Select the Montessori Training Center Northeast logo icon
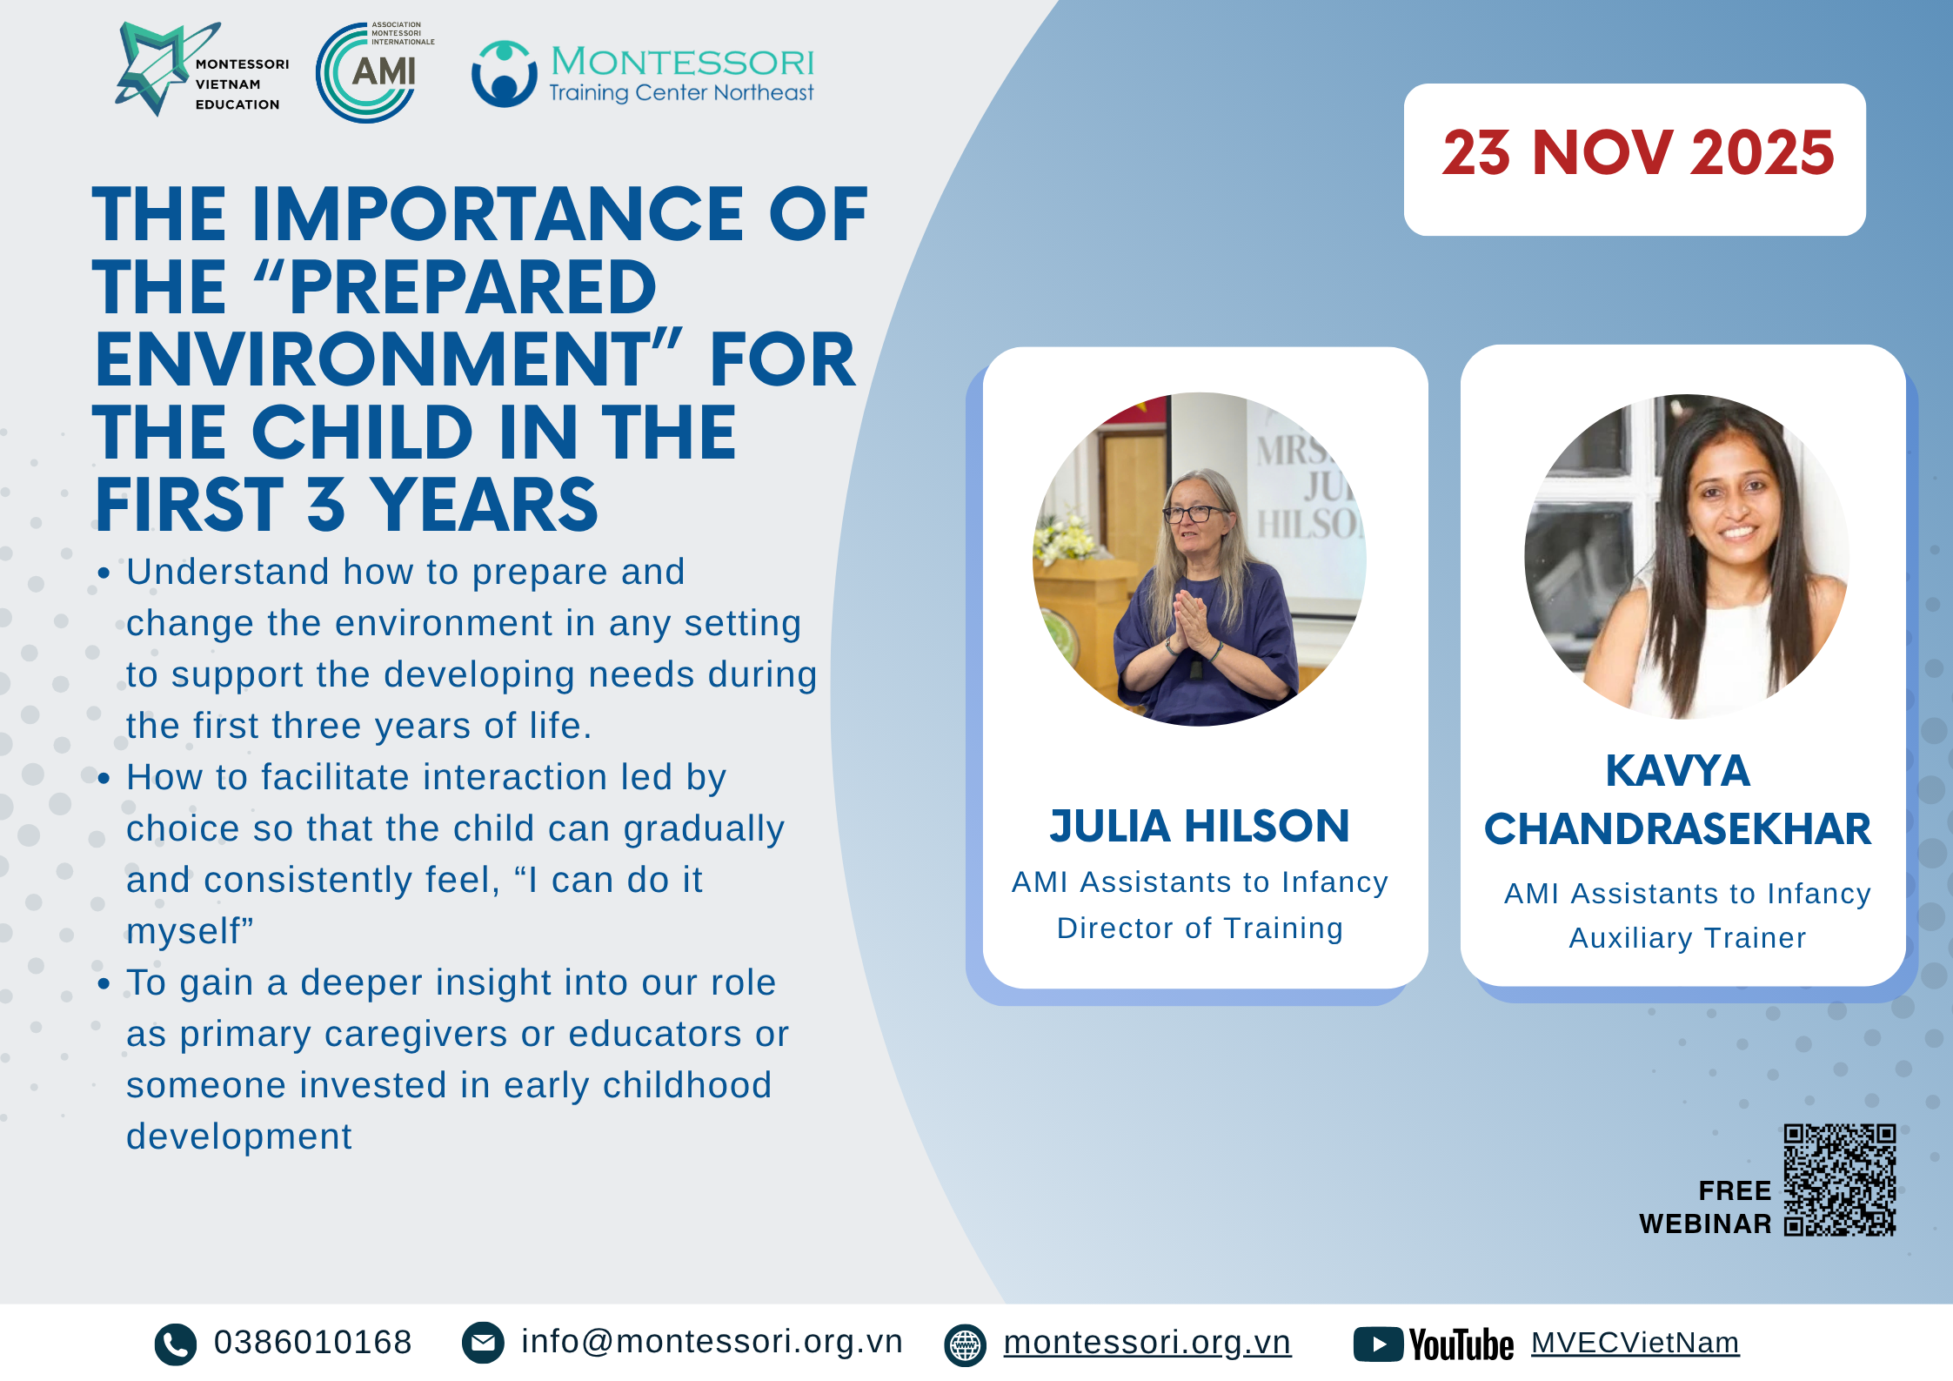tap(504, 75)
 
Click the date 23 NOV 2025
tap(1638, 153)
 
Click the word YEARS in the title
tap(485, 505)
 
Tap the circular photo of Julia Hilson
tap(1199, 559)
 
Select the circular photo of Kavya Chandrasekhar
tap(1687, 557)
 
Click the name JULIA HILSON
tap(1200, 826)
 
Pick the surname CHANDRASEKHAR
tap(1677, 829)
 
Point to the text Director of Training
tap(1200, 928)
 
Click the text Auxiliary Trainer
tap(1688, 938)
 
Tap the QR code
tap(1840, 1180)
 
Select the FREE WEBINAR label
tap(1705, 1207)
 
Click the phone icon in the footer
tap(176, 1344)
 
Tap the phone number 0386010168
tap(313, 1343)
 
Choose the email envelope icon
tap(483, 1343)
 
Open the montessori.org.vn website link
tap(1147, 1343)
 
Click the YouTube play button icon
tap(1378, 1344)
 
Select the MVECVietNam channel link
tap(1635, 1343)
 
